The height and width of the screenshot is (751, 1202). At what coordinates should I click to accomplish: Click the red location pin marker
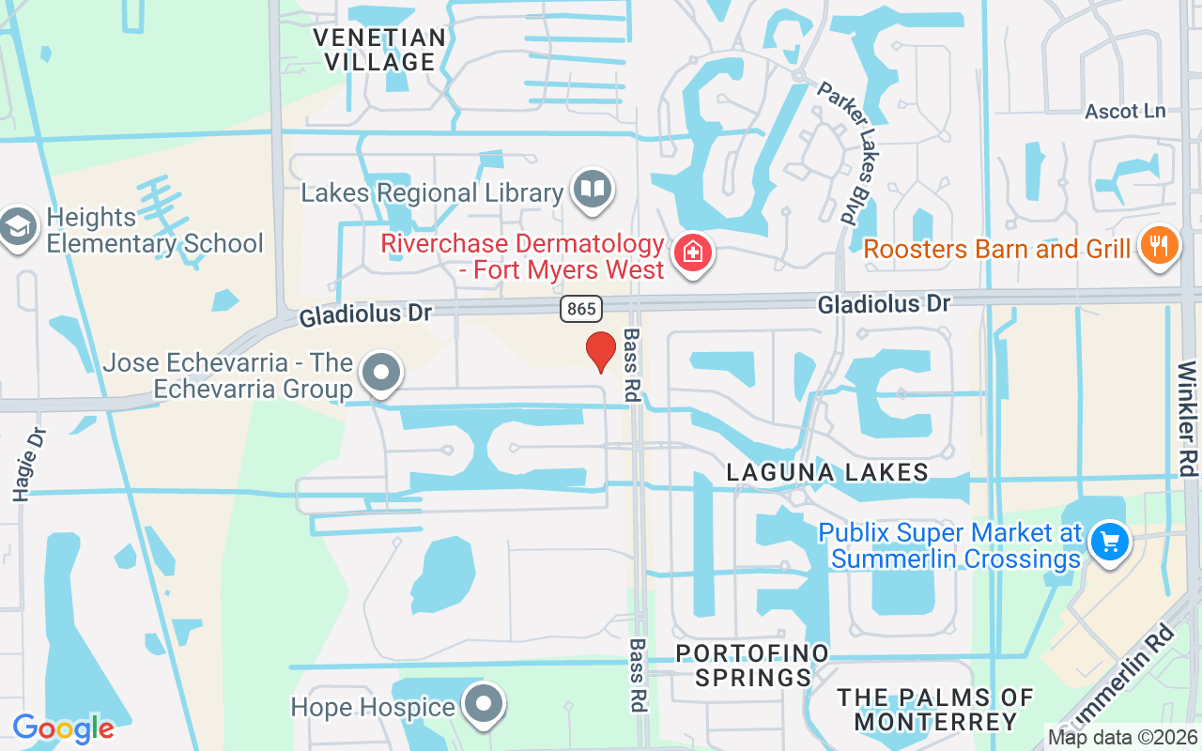coord(600,350)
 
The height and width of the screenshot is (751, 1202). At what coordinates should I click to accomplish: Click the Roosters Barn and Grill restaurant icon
coord(1159,246)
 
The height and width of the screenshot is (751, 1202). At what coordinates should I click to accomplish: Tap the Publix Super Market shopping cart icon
coord(1109,542)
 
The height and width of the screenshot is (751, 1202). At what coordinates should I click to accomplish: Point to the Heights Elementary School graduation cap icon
coord(19,228)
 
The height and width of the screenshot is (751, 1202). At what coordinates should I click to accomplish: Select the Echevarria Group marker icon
coord(381,373)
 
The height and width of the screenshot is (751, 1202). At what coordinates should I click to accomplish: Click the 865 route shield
coord(582,309)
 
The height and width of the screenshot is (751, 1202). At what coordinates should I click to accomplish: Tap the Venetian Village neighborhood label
coord(379,50)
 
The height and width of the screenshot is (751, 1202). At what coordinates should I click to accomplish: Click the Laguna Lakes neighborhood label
coord(827,472)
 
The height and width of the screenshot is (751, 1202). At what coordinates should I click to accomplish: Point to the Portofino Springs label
coord(752,665)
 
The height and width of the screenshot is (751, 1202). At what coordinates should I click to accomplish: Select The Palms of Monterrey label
coord(935,710)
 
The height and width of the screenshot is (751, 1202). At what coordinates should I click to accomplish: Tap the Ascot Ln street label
coord(1125,112)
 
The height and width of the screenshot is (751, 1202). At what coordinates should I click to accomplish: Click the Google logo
coord(63,728)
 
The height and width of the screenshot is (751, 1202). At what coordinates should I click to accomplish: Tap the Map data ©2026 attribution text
coord(1122,737)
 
